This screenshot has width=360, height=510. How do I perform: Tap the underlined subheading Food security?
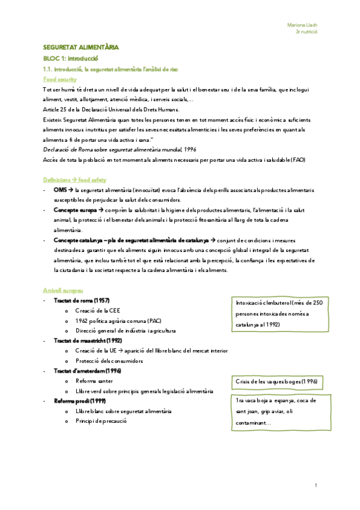point(60,79)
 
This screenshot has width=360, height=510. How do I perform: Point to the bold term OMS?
point(59,189)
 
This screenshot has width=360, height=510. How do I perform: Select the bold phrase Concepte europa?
point(75,210)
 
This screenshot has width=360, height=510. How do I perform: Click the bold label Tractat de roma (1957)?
point(81,300)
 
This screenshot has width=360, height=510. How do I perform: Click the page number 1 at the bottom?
point(316,485)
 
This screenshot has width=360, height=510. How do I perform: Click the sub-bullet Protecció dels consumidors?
point(109,361)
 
